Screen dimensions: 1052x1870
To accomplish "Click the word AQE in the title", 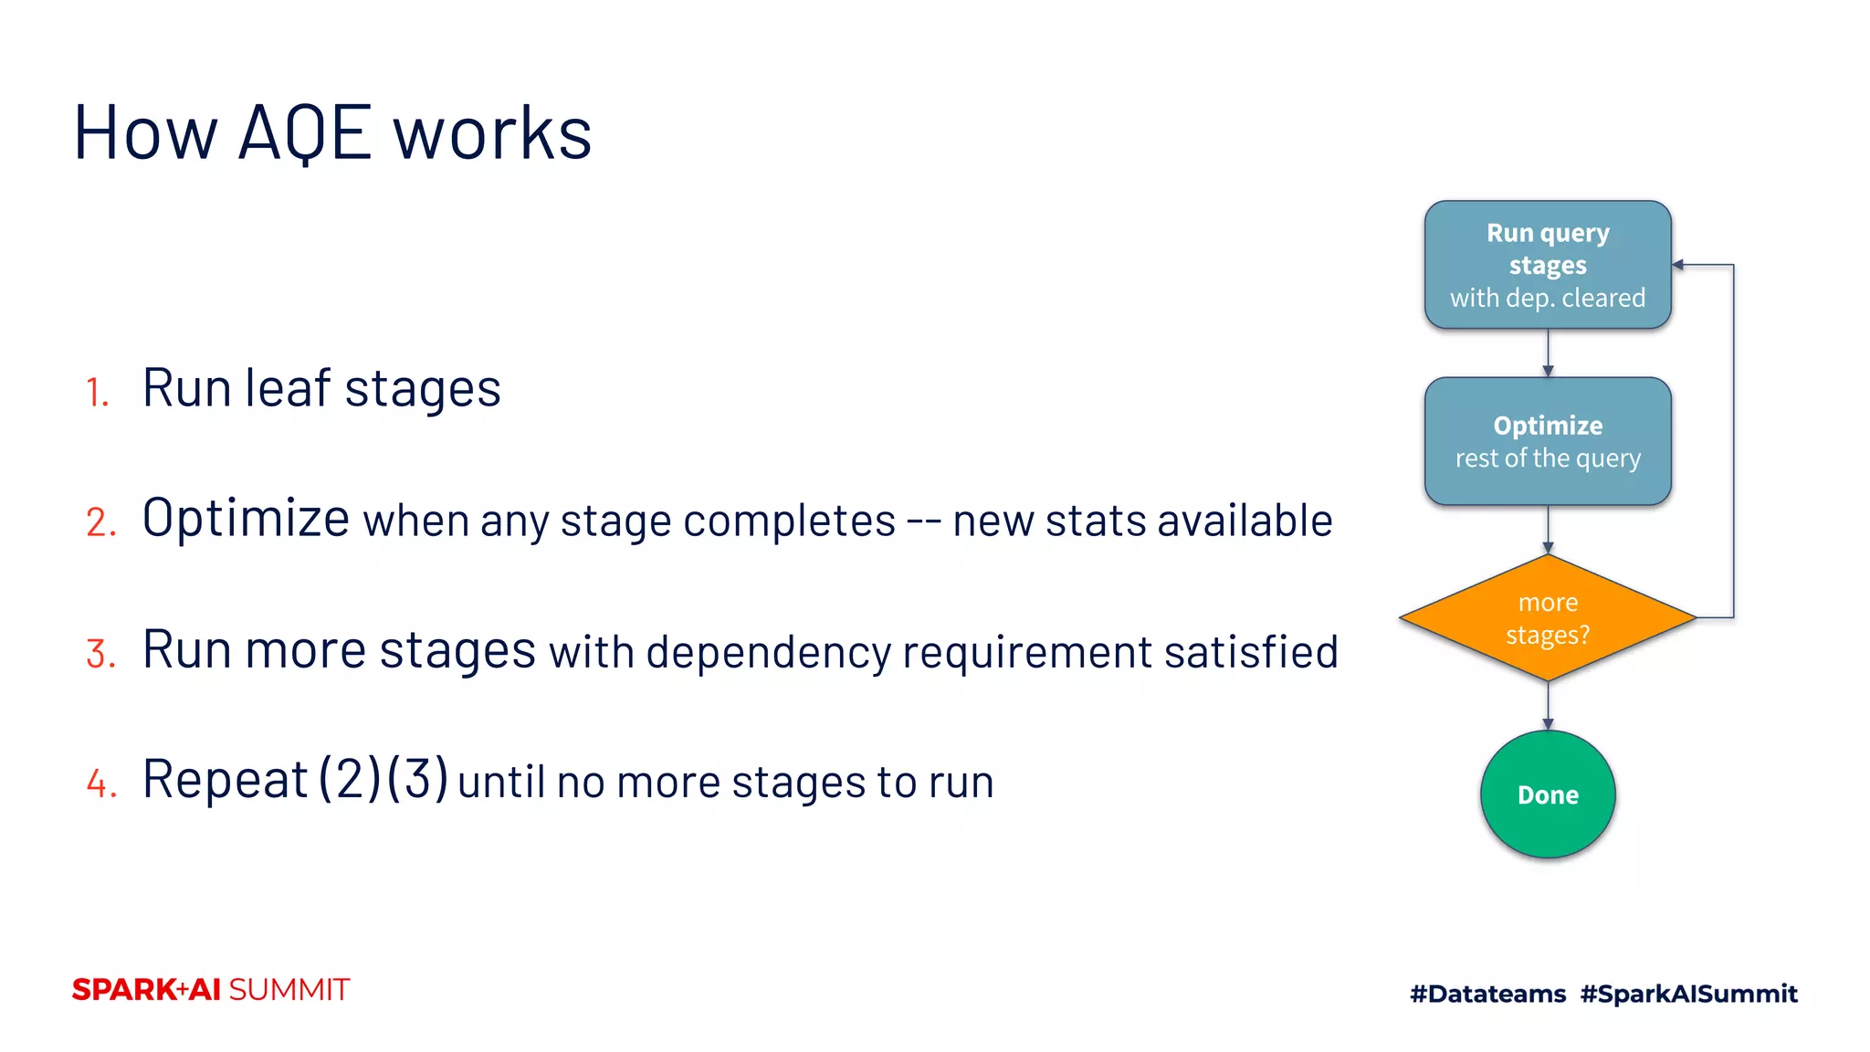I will point(305,134).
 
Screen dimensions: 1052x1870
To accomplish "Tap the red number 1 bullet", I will point(97,393).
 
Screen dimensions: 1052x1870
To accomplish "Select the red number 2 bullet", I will point(100,523).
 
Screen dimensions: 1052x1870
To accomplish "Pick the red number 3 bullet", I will point(100,655).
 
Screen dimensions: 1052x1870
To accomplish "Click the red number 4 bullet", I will point(101,784).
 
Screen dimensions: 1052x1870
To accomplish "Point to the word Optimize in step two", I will point(246,518).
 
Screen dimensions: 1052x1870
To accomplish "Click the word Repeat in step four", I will point(225,781).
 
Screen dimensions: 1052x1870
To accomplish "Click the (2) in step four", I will point(350,779).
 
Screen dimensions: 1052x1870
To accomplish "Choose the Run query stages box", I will point(1548,265).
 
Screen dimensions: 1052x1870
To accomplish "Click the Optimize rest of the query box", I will point(1548,441).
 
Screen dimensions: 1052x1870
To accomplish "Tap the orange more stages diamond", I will point(1548,618).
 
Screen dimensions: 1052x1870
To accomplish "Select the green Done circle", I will point(1548,794).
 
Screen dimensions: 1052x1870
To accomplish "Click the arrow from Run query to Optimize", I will point(1548,352).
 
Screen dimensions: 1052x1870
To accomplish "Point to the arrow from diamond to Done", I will point(1548,705).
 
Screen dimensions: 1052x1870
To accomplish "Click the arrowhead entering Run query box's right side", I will point(1678,265).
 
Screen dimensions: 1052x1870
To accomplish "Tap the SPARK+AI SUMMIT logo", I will point(211,990).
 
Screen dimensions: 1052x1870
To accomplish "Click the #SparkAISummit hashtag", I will point(1688,994).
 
